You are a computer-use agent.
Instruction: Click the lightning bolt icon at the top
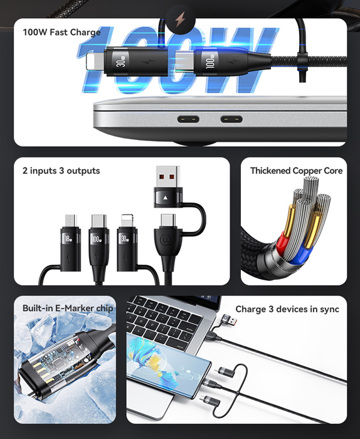181,18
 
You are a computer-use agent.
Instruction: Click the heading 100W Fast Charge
61,32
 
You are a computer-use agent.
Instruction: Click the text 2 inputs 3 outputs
61,171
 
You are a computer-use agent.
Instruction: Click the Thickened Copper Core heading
296,171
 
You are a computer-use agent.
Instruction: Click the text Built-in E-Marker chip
68,308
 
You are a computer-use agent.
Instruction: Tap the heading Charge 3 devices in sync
287,309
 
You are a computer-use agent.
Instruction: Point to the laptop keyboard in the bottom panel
166,317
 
